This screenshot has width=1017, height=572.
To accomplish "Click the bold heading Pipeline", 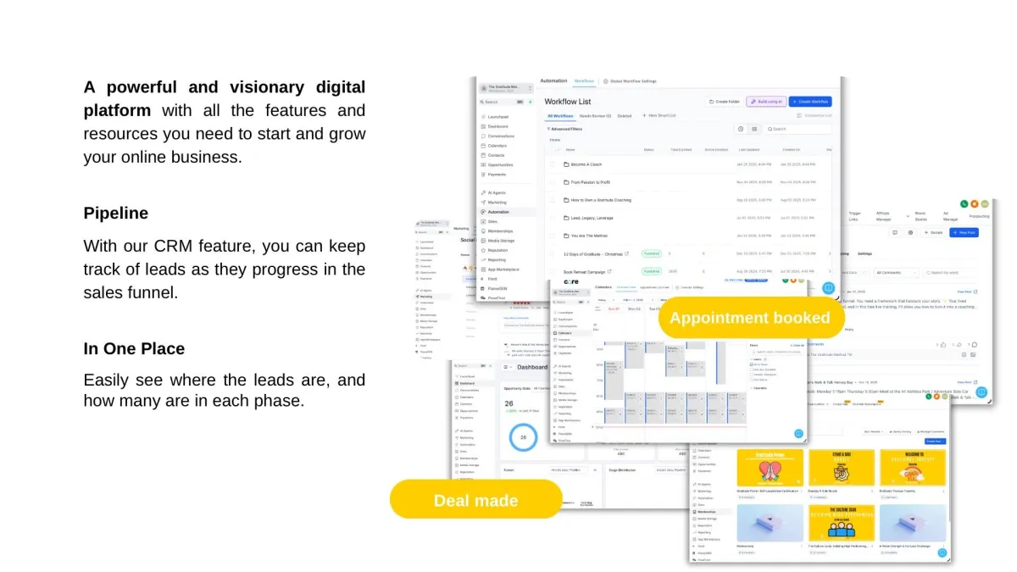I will coord(116,213).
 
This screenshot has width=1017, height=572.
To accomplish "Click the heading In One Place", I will coord(134,348).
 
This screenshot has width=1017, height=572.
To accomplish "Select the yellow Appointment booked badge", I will coord(750,318).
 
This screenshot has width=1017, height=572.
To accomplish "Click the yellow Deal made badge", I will coord(475,500).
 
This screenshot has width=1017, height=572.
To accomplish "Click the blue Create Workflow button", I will coord(809,102).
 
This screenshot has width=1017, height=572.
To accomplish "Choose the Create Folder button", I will coord(724,102).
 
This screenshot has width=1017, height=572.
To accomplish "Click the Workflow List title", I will coord(568,102).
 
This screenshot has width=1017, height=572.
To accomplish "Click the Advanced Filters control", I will coord(566,129).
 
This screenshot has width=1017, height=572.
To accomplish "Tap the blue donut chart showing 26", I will coord(523,437).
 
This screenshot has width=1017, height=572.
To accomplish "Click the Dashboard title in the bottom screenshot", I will coord(533,367).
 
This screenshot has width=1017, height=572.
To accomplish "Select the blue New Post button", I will coord(964,232).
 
